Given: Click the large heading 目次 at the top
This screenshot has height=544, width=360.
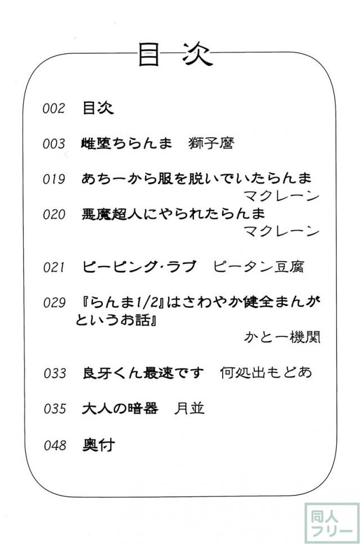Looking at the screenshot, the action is pyautogui.click(x=175, y=55).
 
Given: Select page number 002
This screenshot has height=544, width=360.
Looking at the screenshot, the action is pyautogui.click(x=54, y=108).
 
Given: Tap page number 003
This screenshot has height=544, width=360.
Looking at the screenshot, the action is pyautogui.click(x=54, y=143).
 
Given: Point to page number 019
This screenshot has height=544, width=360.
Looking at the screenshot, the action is pyautogui.click(x=54, y=179).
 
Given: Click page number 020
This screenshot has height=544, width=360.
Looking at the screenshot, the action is pyautogui.click(x=54, y=214).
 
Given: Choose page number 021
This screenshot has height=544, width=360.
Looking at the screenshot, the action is pyautogui.click(x=54, y=267).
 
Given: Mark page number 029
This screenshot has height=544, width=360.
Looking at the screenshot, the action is pyautogui.click(x=55, y=303).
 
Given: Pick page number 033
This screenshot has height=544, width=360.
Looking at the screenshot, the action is pyautogui.click(x=55, y=374).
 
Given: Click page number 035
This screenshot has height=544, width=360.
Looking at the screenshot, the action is pyautogui.click(x=55, y=408).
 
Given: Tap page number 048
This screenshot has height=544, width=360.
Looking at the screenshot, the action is pyautogui.click(x=55, y=445).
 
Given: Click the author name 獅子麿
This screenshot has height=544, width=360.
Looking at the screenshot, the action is pyautogui.click(x=211, y=143).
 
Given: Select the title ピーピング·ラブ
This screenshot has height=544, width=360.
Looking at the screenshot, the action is pyautogui.click(x=139, y=267).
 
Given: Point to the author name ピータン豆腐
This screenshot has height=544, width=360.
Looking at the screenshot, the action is pyautogui.click(x=259, y=267).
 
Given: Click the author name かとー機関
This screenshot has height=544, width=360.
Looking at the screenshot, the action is pyautogui.click(x=282, y=337).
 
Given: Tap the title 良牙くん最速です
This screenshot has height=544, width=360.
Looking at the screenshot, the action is pyautogui.click(x=143, y=373).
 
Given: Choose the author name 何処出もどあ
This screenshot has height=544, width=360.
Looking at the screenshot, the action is pyautogui.click(x=266, y=372).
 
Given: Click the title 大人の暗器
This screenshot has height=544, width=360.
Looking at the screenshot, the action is pyautogui.click(x=120, y=408).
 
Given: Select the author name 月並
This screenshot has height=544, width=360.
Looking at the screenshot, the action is pyautogui.click(x=190, y=408).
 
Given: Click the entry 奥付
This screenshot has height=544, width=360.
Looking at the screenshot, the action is pyautogui.click(x=98, y=445).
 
